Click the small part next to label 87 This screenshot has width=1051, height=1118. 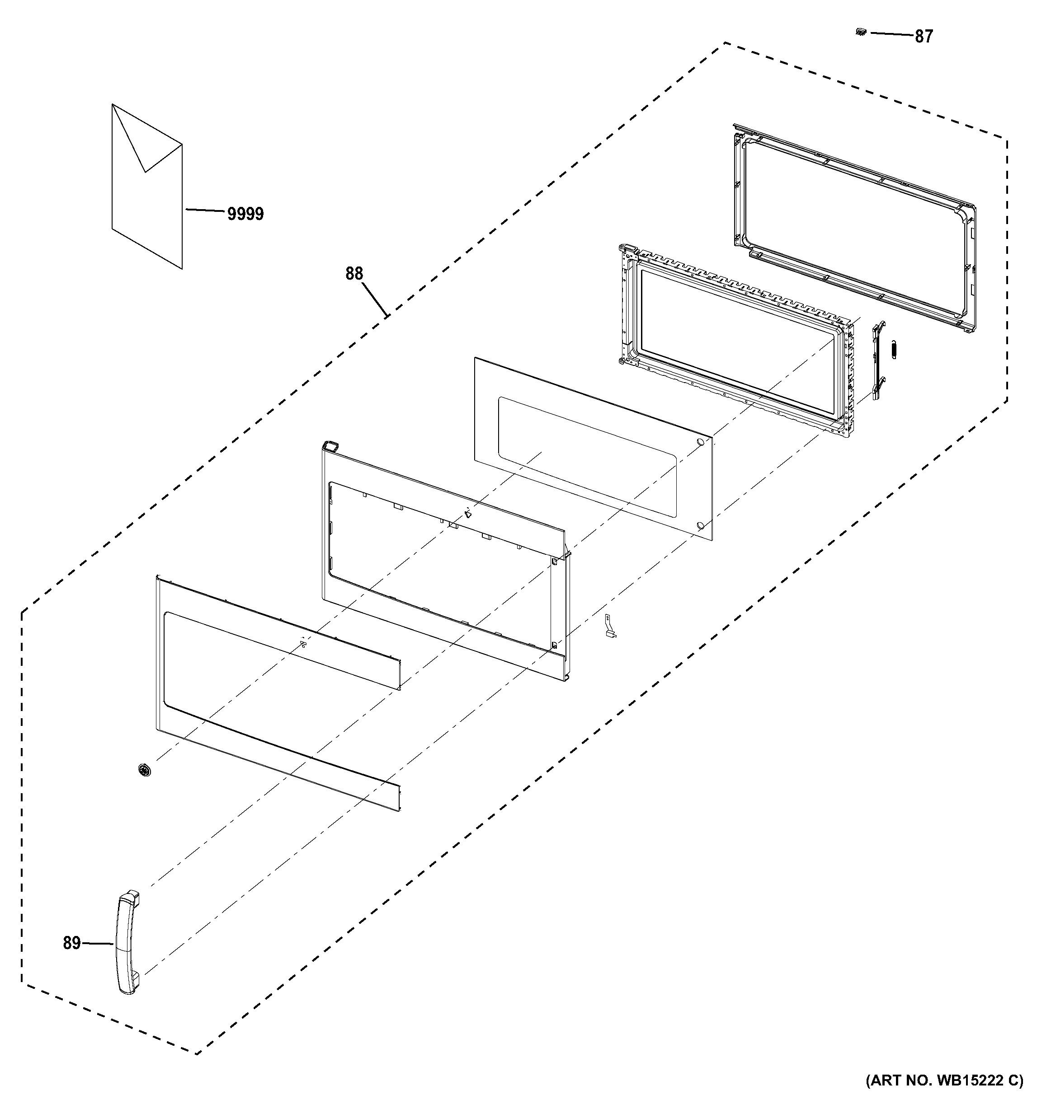click(x=860, y=33)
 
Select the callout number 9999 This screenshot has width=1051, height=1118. click(x=245, y=214)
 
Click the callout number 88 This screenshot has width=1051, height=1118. click(x=354, y=274)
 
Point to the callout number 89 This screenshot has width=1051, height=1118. click(x=71, y=943)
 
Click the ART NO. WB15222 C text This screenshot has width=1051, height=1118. click(x=944, y=1096)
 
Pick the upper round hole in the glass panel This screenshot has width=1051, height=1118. click(x=700, y=442)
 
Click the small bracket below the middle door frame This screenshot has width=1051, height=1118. click(x=609, y=627)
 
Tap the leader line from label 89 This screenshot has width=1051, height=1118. click(x=98, y=944)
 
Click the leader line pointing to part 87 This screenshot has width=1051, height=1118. click(x=891, y=35)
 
